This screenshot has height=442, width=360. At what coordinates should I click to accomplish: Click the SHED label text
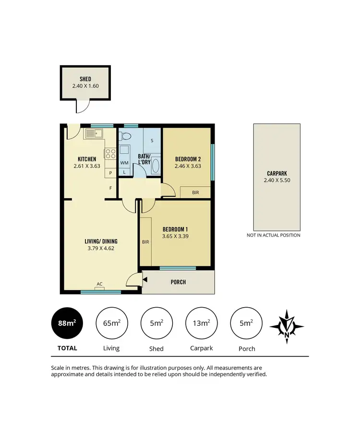85,79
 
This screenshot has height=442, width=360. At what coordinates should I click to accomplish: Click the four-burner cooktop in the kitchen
110,154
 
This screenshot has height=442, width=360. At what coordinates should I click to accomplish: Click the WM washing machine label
124,163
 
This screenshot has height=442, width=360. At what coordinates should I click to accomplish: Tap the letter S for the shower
152,141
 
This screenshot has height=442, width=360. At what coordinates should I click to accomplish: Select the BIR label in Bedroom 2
195,192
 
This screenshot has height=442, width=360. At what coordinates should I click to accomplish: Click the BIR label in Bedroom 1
145,242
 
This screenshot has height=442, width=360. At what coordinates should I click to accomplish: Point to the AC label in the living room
99,284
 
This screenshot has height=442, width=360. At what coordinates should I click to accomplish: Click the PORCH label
178,282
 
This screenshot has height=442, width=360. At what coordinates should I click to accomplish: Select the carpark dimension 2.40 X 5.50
277,180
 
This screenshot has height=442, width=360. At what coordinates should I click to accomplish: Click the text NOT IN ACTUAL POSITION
274,235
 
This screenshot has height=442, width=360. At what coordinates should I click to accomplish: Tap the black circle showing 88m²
67,323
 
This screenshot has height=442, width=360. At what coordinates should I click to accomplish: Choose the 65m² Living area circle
111,323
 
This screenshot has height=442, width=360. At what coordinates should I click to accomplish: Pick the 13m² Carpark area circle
202,323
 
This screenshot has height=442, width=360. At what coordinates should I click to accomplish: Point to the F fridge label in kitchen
110,188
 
